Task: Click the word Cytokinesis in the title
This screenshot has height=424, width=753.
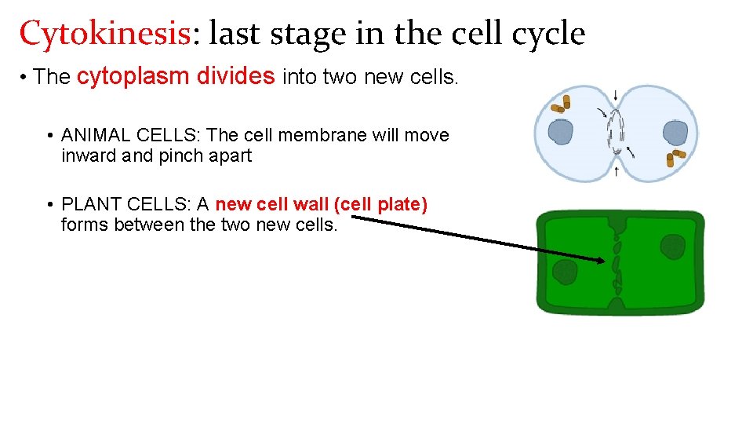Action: [x=104, y=34]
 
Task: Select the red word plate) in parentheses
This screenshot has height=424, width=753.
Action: [x=402, y=204]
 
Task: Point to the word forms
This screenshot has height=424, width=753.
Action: [x=85, y=225]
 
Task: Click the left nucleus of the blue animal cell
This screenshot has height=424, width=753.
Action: [x=562, y=132]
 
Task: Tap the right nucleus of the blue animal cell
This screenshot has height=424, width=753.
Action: [x=675, y=132]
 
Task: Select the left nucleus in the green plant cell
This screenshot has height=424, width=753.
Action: [x=565, y=273]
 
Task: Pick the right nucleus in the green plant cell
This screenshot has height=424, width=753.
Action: [x=672, y=247]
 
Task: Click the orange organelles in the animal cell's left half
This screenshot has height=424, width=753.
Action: [x=561, y=104]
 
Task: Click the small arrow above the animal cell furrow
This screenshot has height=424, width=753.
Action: [x=616, y=96]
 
